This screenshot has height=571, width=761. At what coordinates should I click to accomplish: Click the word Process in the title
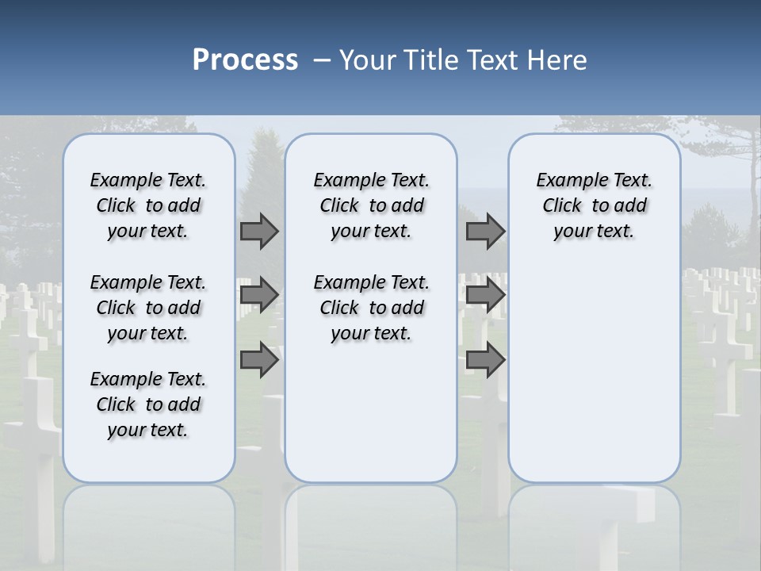tap(245, 60)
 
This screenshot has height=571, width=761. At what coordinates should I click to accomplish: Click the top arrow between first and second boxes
tap(259, 232)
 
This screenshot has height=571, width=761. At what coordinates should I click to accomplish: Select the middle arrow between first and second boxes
tap(259, 295)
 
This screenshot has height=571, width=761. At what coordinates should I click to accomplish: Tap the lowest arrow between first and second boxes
tap(259, 360)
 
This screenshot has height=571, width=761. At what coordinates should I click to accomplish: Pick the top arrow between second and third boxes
tap(485, 232)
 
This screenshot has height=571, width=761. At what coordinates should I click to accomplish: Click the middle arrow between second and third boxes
tap(485, 295)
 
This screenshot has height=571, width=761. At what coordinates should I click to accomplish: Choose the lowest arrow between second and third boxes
tap(485, 360)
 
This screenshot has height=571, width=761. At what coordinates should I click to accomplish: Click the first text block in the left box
tap(148, 205)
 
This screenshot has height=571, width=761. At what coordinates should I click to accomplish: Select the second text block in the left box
tap(148, 308)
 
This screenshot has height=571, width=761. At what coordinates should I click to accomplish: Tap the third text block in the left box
tap(148, 404)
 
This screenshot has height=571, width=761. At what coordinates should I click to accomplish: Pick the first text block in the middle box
tap(371, 205)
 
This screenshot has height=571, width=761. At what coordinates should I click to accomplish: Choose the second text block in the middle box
tap(371, 308)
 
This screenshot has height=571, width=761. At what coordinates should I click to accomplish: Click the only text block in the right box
tap(595, 205)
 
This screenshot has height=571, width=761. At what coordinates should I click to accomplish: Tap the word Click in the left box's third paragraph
tap(116, 404)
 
